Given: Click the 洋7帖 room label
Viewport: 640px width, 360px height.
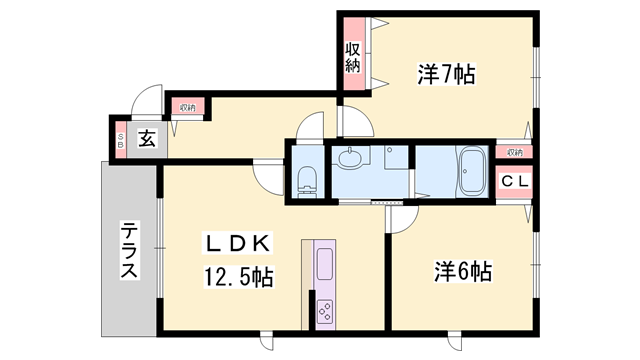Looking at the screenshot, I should tap(445, 73).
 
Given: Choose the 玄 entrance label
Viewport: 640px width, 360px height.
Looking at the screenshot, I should tap(147, 138).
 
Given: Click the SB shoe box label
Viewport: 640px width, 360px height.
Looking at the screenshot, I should tap(120, 139).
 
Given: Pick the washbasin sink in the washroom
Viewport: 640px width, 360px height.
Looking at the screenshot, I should tap(350, 157).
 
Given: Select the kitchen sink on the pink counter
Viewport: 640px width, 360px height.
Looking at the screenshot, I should tap(326, 266).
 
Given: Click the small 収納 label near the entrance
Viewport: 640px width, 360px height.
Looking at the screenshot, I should tap(188, 107).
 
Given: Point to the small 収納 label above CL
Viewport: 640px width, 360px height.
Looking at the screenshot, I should tap(514, 152).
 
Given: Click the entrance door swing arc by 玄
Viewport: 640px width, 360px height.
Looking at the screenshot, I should tap(146, 101).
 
